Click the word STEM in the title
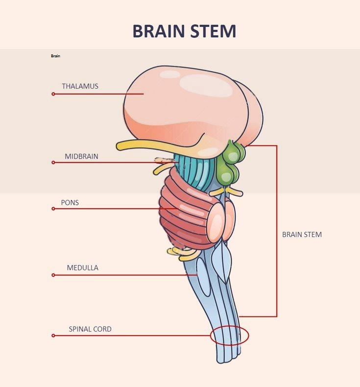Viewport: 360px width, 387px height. tap(214, 31)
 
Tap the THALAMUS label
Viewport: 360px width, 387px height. tap(80, 86)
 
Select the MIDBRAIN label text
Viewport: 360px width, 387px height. tap(81, 157)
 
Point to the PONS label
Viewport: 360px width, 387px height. tap(70, 202)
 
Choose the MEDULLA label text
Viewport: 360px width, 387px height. tap(82, 268)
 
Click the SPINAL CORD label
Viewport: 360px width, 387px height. tap(90, 329)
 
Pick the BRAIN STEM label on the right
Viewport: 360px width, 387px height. tap(302, 235)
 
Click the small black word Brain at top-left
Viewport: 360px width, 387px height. tap(55, 56)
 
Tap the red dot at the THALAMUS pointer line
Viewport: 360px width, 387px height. tap(53, 94)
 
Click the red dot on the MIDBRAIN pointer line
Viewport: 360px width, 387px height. tap(53, 163)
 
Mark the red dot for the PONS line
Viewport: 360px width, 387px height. tap(53, 209)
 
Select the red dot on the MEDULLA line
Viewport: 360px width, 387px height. tap(53, 275)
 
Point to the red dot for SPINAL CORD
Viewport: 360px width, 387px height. tap(53, 336)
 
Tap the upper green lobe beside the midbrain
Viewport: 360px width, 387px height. tap(234, 151)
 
